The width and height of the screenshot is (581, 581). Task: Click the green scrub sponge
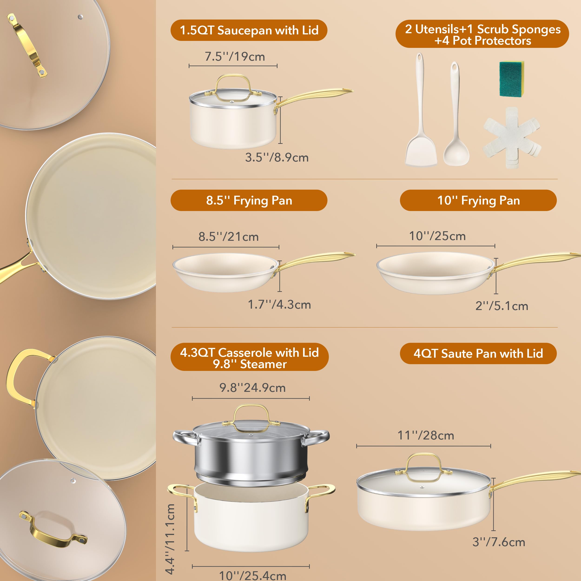pyautogui.click(x=511, y=79)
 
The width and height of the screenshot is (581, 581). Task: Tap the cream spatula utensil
pyautogui.click(x=420, y=144)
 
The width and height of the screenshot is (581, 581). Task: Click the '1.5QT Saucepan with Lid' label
pyautogui.click(x=249, y=30)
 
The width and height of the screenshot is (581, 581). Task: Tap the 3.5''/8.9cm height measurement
pyautogui.click(x=277, y=158)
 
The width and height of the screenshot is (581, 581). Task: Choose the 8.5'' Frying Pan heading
pyautogui.click(x=249, y=200)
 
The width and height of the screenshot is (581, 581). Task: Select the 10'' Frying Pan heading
pyautogui.click(x=478, y=200)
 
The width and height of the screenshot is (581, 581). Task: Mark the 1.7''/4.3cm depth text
pyautogui.click(x=279, y=305)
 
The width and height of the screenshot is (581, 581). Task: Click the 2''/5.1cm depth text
pyautogui.click(x=502, y=306)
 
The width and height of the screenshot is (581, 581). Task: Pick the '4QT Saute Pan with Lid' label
pyautogui.click(x=478, y=353)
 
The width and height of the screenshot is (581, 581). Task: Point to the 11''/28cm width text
pyautogui.click(x=426, y=435)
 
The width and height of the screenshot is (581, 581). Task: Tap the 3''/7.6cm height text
pyautogui.click(x=498, y=542)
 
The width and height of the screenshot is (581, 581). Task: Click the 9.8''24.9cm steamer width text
pyautogui.click(x=252, y=388)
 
